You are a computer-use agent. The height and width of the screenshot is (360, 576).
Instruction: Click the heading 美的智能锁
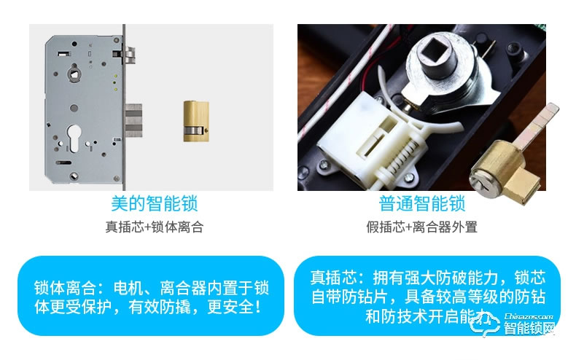154,203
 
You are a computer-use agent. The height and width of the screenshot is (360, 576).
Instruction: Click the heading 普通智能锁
421,203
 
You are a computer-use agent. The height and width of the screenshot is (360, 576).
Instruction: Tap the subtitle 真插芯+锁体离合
154,227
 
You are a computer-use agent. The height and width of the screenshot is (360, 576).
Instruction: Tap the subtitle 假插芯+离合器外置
421,227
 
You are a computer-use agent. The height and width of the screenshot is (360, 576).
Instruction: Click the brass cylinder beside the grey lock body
193,118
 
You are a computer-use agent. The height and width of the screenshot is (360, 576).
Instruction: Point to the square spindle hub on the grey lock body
76,74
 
